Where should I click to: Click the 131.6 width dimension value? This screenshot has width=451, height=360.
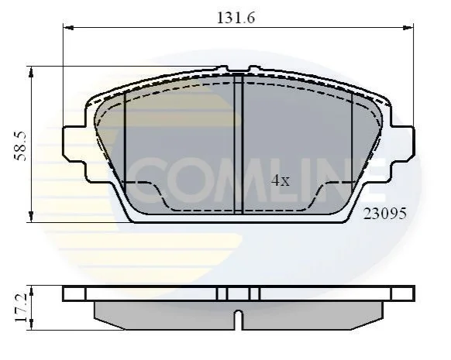(x=236, y=18)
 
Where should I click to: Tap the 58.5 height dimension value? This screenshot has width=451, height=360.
(x=21, y=146)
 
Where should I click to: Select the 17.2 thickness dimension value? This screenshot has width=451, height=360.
(x=21, y=307)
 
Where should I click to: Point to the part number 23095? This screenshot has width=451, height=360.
(x=385, y=214)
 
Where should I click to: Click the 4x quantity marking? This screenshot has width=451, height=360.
(x=281, y=180)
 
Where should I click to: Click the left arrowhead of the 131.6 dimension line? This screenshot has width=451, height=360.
(x=68, y=28)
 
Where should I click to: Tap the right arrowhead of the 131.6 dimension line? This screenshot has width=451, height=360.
(x=408, y=28)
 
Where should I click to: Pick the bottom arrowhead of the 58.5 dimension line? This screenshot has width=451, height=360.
(x=31, y=217)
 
